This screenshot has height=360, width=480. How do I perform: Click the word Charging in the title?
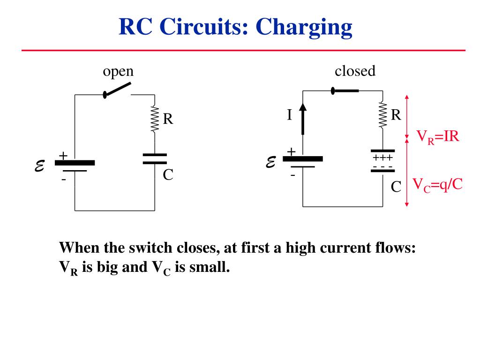[x=304, y=28]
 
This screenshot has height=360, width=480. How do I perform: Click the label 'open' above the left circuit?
[x=118, y=72]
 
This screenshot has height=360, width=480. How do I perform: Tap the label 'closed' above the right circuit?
[x=355, y=71]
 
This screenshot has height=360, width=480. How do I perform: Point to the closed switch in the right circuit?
[x=345, y=90]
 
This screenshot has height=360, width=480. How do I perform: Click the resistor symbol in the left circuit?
[x=155, y=119]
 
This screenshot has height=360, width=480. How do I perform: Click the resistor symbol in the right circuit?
[x=382, y=114]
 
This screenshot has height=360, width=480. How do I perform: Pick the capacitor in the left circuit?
[x=155, y=159]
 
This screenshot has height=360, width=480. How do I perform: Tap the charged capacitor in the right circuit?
[x=382, y=161]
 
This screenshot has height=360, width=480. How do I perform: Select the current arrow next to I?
[x=303, y=119]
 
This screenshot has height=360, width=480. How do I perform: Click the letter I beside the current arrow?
[x=289, y=115]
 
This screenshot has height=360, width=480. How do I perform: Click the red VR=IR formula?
[x=438, y=136]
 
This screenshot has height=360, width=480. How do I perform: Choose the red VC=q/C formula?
[x=437, y=185]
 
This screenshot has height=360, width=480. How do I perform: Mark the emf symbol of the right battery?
[x=271, y=162]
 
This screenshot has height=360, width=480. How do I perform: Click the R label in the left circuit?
[x=168, y=119]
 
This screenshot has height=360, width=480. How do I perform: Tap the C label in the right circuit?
[x=396, y=187]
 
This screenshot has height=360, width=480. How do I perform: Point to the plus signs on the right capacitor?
[x=382, y=157]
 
